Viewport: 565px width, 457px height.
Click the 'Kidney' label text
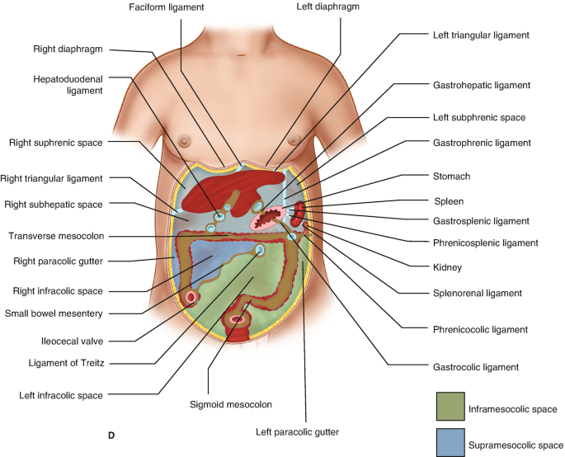coord(446,267)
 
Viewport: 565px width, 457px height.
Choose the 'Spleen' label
coord(449,200)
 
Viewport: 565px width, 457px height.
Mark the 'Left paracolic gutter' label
coord(297,431)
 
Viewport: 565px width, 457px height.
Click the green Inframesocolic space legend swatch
coord(451,408)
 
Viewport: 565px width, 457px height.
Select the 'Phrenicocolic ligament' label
coord(479,329)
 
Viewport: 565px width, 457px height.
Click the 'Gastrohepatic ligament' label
coord(480,85)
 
